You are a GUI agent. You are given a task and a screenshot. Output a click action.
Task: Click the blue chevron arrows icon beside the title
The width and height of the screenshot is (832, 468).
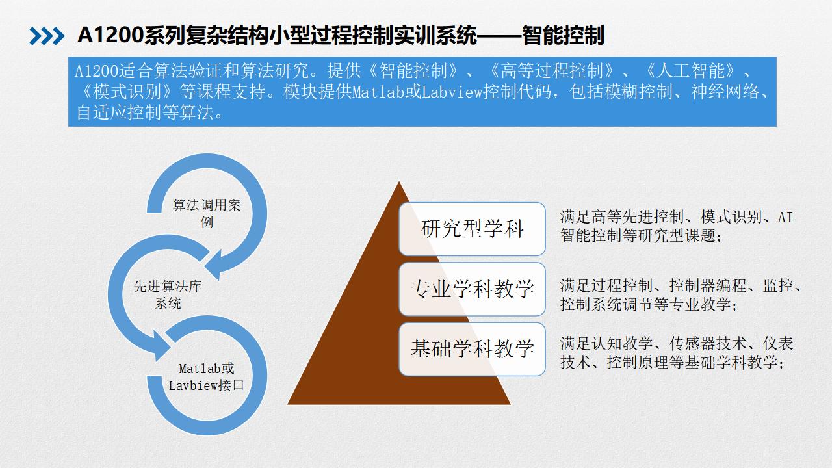coord(47,36)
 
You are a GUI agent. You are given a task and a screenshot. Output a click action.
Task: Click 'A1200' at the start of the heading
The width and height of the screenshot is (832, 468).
coord(110,36)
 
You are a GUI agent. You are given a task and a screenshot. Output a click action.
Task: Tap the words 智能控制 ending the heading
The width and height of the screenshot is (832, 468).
coord(563,36)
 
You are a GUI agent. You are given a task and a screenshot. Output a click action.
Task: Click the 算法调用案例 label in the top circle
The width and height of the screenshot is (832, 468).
coord(207,213)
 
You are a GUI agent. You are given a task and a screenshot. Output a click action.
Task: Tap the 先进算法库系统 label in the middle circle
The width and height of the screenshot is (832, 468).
coord(168,294)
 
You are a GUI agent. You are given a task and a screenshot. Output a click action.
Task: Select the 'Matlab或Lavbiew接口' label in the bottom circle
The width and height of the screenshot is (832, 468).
coord(207,377)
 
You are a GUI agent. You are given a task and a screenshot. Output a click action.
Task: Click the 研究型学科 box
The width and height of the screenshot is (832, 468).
coord(472,229)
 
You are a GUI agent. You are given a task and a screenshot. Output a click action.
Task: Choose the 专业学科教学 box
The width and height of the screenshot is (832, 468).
coord(472,289)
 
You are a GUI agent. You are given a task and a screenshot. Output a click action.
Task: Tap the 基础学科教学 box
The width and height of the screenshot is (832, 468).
coord(472,349)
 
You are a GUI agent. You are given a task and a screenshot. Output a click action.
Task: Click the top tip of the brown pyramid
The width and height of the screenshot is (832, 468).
coord(399,181)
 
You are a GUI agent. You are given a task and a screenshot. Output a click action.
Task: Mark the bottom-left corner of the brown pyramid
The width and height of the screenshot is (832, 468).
coord(288,404)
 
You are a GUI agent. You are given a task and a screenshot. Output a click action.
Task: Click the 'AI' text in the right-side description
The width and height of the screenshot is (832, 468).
coord(785,217)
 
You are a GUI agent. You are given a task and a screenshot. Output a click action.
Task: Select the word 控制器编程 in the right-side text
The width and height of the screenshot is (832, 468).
coord(708,285)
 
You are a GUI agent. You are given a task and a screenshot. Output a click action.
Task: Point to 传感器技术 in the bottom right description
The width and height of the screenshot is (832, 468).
coord(708,344)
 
